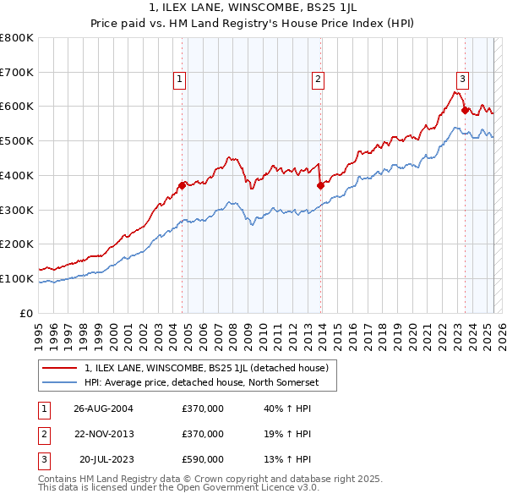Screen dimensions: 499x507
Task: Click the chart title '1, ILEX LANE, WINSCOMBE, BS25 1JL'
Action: click(x=253, y=9)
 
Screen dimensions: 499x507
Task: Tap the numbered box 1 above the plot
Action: click(x=181, y=80)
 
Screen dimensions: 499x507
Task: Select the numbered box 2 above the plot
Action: click(x=319, y=80)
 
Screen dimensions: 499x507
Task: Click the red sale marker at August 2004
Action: click(x=182, y=185)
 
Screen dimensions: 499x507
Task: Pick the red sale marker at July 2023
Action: click(x=465, y=110)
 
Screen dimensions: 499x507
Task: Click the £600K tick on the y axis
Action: click(x=17, y=107)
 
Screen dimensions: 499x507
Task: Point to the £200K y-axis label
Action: click(x=17, y=244)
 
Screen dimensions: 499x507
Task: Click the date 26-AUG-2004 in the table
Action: click(x=103, y=409)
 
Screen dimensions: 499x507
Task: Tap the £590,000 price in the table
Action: click(x=203, y=459)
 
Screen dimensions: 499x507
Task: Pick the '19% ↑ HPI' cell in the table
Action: click(x=287, y=434)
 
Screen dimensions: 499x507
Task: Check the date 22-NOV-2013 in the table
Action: click(x=103, y=434)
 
